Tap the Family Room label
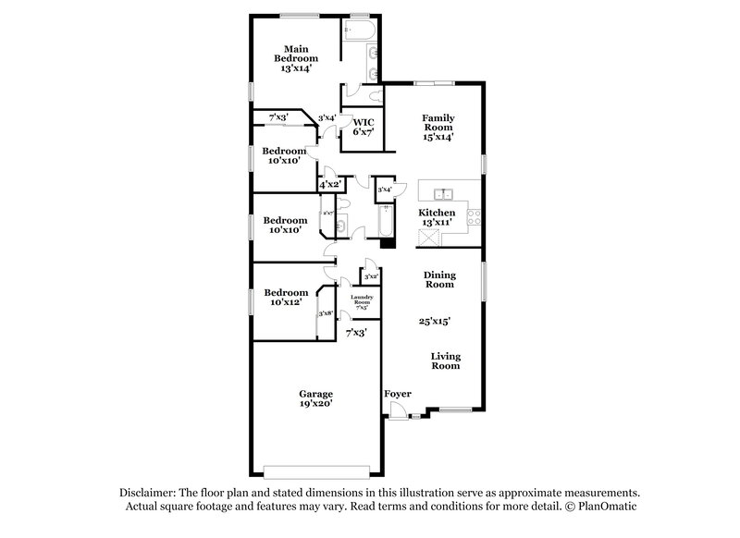click(438, 124)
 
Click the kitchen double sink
click(443, 194)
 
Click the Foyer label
click(398, 394)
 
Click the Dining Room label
click(438, 279)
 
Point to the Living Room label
click(445, 361)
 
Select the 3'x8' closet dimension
click(326, 314)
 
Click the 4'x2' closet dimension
click(330, 185)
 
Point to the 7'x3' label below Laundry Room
click(356, 332)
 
